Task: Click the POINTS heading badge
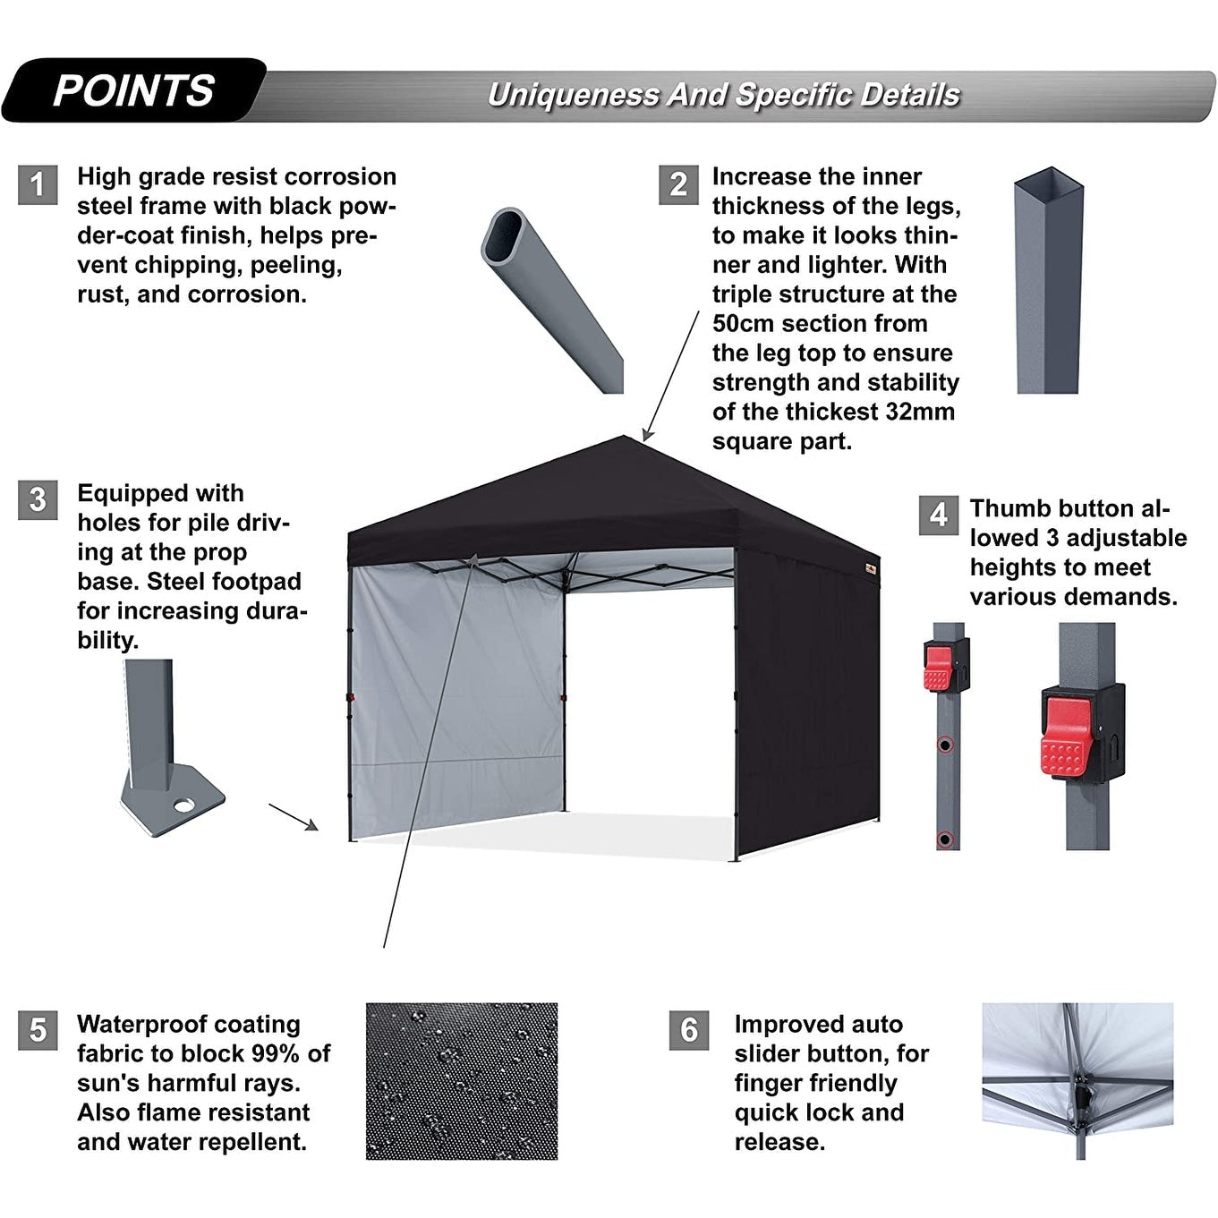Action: (x=134, y=90)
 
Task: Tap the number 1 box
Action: (x=38, y=184)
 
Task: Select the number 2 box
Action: (x=678, y=184)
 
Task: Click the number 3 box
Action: (x=38, y=499)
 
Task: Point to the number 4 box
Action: (x=938, y=515)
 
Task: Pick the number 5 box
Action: (x=38, y=1030)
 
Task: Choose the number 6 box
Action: (x=688, y=1030)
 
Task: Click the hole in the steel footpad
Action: (x=184, y=805)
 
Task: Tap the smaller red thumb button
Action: (x=938, y=668)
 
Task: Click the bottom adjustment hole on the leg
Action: (x=944, y=839)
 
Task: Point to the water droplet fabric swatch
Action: (x=461, y=1081)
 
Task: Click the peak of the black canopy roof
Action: (x=624, y=439)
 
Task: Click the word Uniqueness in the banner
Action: (x=573, y=95)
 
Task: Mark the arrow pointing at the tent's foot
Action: (x=294, y=816)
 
